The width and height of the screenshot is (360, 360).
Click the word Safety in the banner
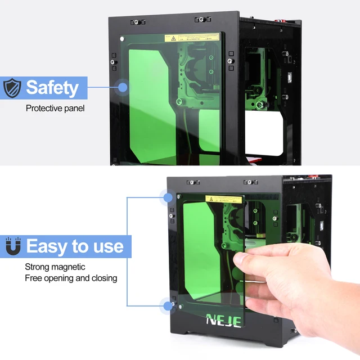[x=52, y=88]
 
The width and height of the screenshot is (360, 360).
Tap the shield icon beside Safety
[x=12, y=88]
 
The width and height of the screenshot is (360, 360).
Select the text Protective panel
[x=55, y=107]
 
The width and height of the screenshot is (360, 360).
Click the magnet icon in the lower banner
[x=11, y=246]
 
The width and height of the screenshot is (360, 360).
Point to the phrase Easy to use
[x=74, y=246]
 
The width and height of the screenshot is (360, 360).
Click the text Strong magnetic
[x=55, y=267]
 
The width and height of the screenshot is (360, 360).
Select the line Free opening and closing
[x=71, y=278]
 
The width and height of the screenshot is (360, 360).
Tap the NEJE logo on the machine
[x=224, y=321]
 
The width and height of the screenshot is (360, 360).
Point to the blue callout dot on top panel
[x=122, y=87]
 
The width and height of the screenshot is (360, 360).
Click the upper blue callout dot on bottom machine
[x=168, y=197]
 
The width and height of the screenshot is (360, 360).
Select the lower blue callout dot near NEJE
[x=168, y=306]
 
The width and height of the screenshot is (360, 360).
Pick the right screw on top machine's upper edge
[x=202, y=20]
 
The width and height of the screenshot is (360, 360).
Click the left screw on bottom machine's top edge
[x=192, y=182]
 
